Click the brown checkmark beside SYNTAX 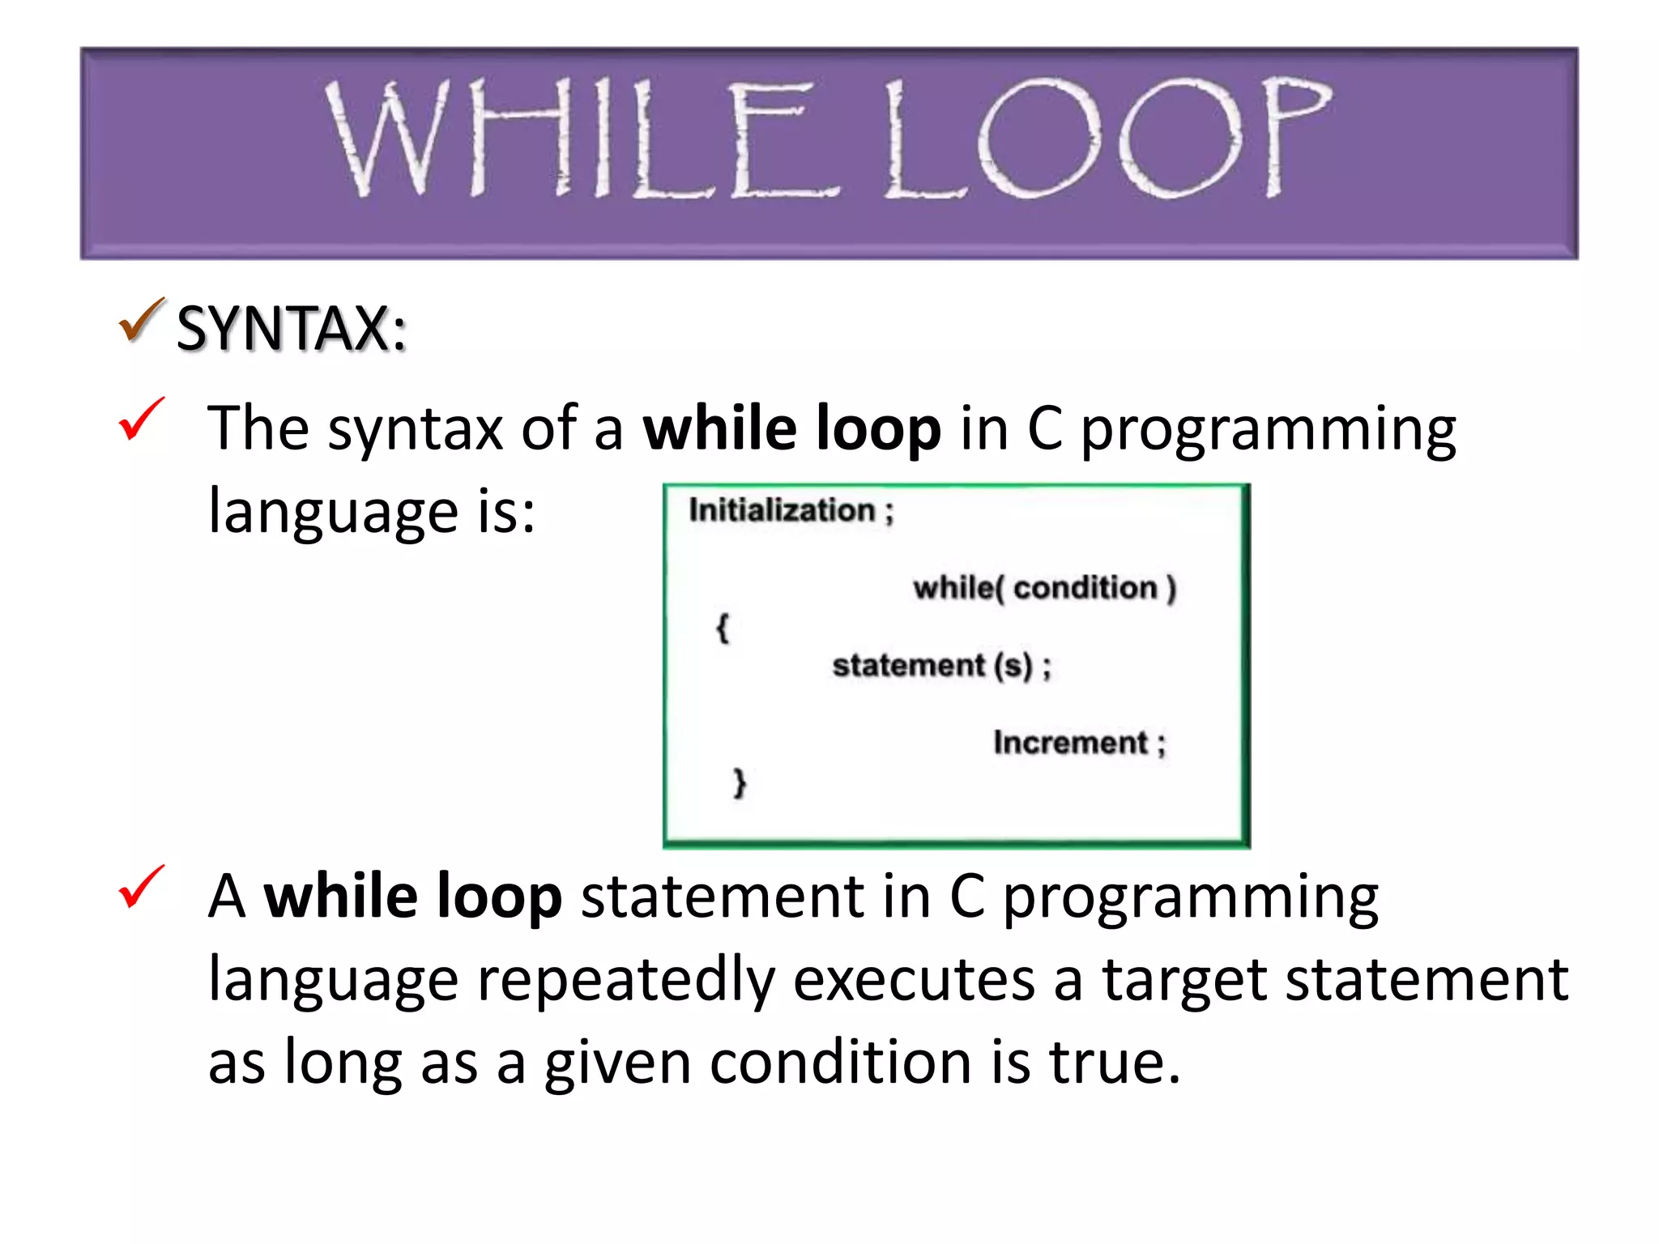point(142,321)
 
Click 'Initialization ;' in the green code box point(791,511)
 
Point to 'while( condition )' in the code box point(1044,588)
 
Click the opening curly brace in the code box point(723,628)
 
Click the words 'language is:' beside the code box point(372,512)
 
